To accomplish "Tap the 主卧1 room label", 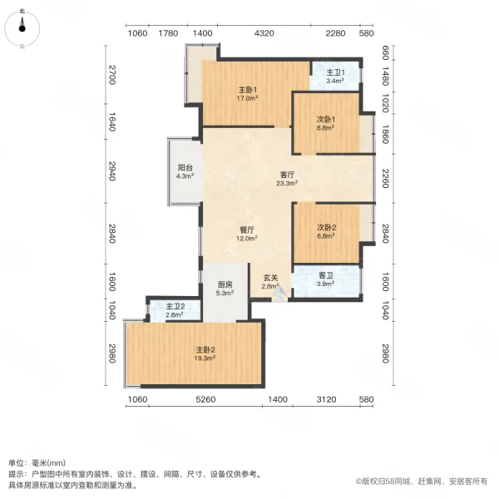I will tap(246, 90).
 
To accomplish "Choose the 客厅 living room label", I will tap(288, 175).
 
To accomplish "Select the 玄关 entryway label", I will tap(271, 279).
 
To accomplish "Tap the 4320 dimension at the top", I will tap(264, 33).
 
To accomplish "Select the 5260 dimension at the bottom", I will tap(205, 400).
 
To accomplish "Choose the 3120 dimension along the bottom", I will tap(327, 400).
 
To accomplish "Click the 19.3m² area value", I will tap(206, 358).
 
